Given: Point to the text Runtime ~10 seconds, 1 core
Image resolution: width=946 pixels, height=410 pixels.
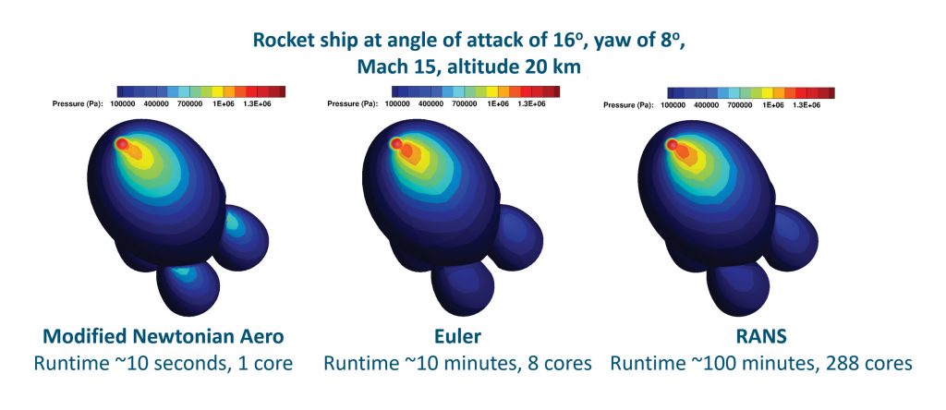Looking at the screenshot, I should point(163,363).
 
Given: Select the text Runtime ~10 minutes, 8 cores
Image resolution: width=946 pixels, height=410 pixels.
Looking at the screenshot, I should point(458,363).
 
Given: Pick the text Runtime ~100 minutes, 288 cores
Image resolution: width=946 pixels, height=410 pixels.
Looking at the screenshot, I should point(761,363).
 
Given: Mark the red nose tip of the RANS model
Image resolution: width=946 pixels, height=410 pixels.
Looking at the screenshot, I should point(673,145).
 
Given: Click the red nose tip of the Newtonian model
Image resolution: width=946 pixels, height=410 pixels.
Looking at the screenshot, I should point(121,143).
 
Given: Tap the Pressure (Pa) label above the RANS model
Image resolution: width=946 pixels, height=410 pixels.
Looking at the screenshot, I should point(633,105).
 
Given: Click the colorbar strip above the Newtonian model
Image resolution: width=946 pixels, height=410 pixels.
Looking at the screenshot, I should point(200,91).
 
